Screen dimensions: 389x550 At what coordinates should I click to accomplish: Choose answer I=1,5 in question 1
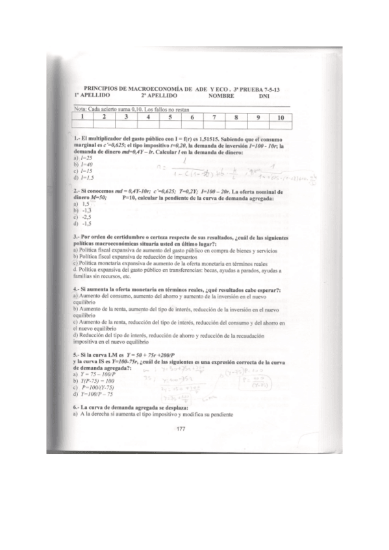[x=84, y=177]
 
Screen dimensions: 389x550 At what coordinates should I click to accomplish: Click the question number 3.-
[x=77, y=237]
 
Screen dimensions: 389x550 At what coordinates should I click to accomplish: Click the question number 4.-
[x=77, y=288]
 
